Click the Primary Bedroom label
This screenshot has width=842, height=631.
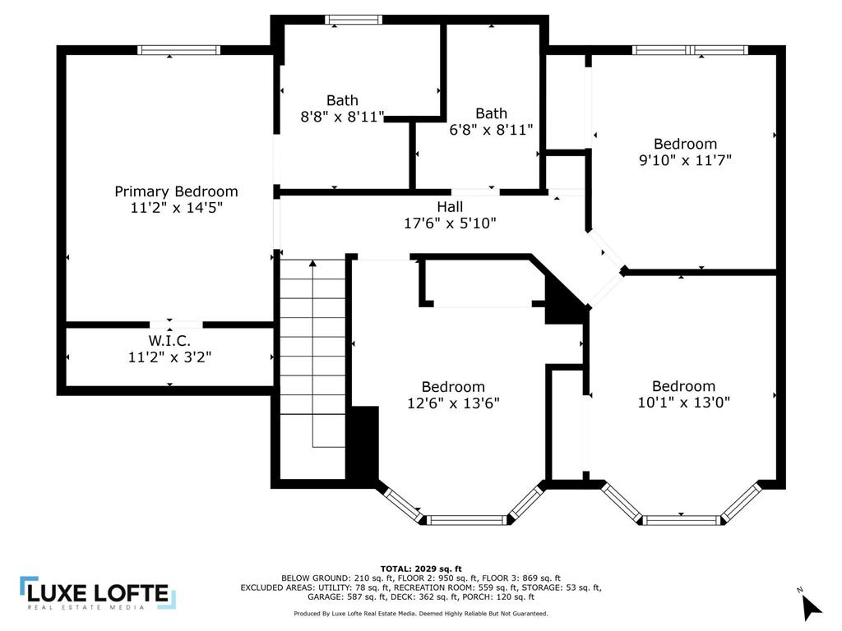176,191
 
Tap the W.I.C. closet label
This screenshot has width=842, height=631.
169,341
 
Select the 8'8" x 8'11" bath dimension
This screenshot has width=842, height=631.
342,117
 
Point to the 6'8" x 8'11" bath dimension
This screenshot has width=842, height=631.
491,129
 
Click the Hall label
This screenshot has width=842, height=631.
450,206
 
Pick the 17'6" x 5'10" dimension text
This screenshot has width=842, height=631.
450,223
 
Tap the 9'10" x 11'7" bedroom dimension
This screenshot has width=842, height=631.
685,160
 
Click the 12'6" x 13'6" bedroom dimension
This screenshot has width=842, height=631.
453,403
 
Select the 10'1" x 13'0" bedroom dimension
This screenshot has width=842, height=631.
683,402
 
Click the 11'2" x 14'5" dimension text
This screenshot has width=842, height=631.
176,208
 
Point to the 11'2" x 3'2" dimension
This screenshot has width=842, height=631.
169,357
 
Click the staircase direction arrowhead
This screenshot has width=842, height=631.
312,264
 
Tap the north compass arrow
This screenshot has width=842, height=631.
811,607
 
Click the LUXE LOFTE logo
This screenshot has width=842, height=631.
98,593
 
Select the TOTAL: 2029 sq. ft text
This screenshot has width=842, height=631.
421,569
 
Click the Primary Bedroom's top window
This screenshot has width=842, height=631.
178,50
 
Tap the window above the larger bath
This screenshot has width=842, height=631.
354,20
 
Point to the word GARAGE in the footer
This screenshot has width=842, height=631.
324,596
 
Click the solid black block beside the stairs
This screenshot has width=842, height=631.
364,446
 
